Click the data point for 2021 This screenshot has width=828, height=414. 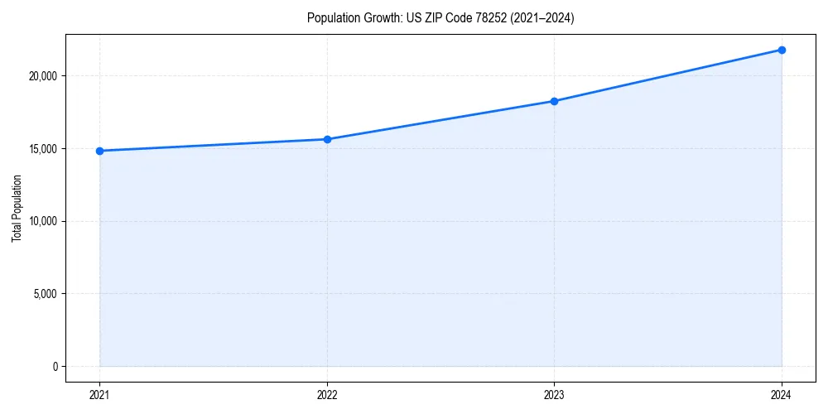coord(99,151)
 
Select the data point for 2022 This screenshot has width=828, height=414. coord(327,139)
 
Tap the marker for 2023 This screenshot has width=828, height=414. coord(554,101)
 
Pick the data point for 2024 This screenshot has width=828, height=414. coord(782,50)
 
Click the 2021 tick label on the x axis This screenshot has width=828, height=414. coord(99,394)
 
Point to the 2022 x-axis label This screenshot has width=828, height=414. coord(327,394)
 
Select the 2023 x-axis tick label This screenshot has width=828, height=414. coord(554,394)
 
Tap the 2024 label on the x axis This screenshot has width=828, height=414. coord(782,394)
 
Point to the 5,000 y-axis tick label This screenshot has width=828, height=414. coord(43,294)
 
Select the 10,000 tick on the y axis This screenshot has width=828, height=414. coord(41,221)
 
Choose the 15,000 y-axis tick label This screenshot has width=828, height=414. coord(41,149)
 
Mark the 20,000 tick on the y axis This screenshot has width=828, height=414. coord(41,76)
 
